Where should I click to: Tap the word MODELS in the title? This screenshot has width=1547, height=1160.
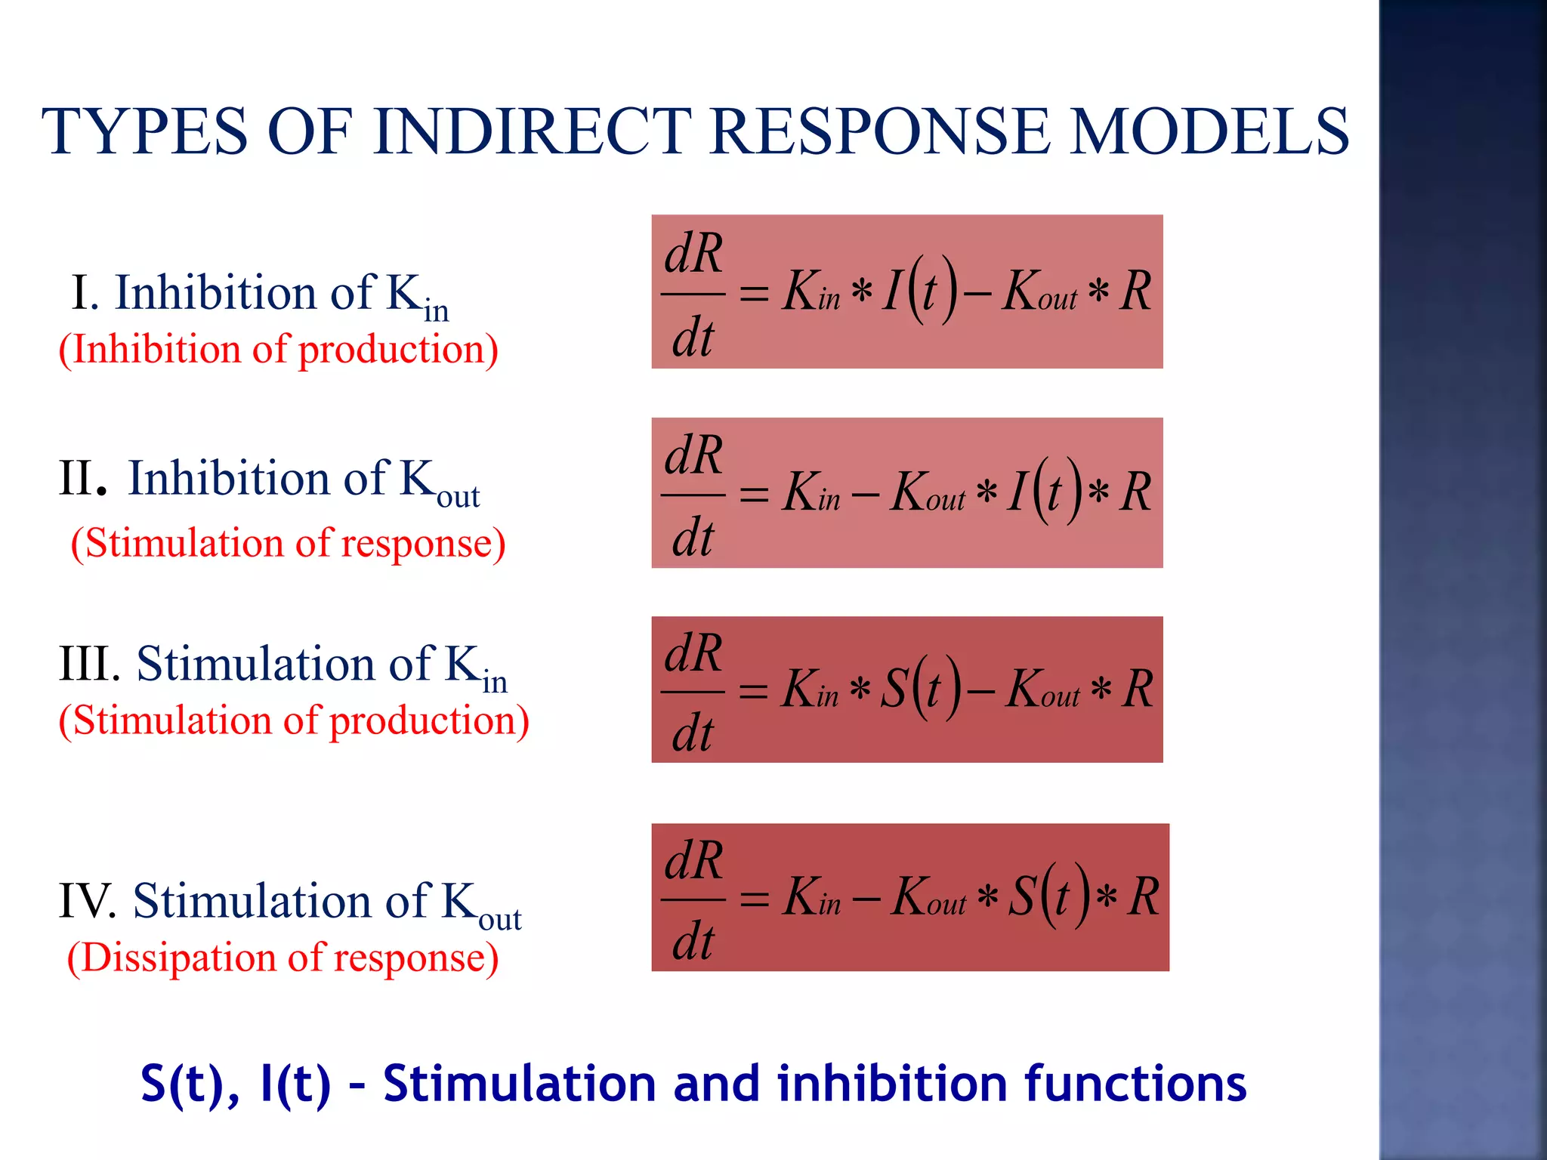[x=1209, y=131]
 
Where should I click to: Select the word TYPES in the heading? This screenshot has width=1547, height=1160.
[x=144, y=131]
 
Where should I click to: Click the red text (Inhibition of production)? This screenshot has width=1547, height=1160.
[x=279, y=350]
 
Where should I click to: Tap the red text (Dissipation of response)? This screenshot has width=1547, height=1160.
[x=283, y=958]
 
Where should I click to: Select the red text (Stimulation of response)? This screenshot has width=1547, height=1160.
[x=288, y=543]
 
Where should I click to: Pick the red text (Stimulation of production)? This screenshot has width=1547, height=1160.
[x=294, y=720]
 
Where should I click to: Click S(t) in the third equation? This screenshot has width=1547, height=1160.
[x=922, y=689]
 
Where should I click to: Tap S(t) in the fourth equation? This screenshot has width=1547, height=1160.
[x=1051, y=896]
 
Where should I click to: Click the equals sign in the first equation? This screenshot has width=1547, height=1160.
[x=753, y=293]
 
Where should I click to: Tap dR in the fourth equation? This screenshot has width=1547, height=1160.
[x=693, y=861]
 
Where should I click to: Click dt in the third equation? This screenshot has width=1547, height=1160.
[x=693, y=734]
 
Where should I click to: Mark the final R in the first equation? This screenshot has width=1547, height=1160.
[x=1135, y=291]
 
